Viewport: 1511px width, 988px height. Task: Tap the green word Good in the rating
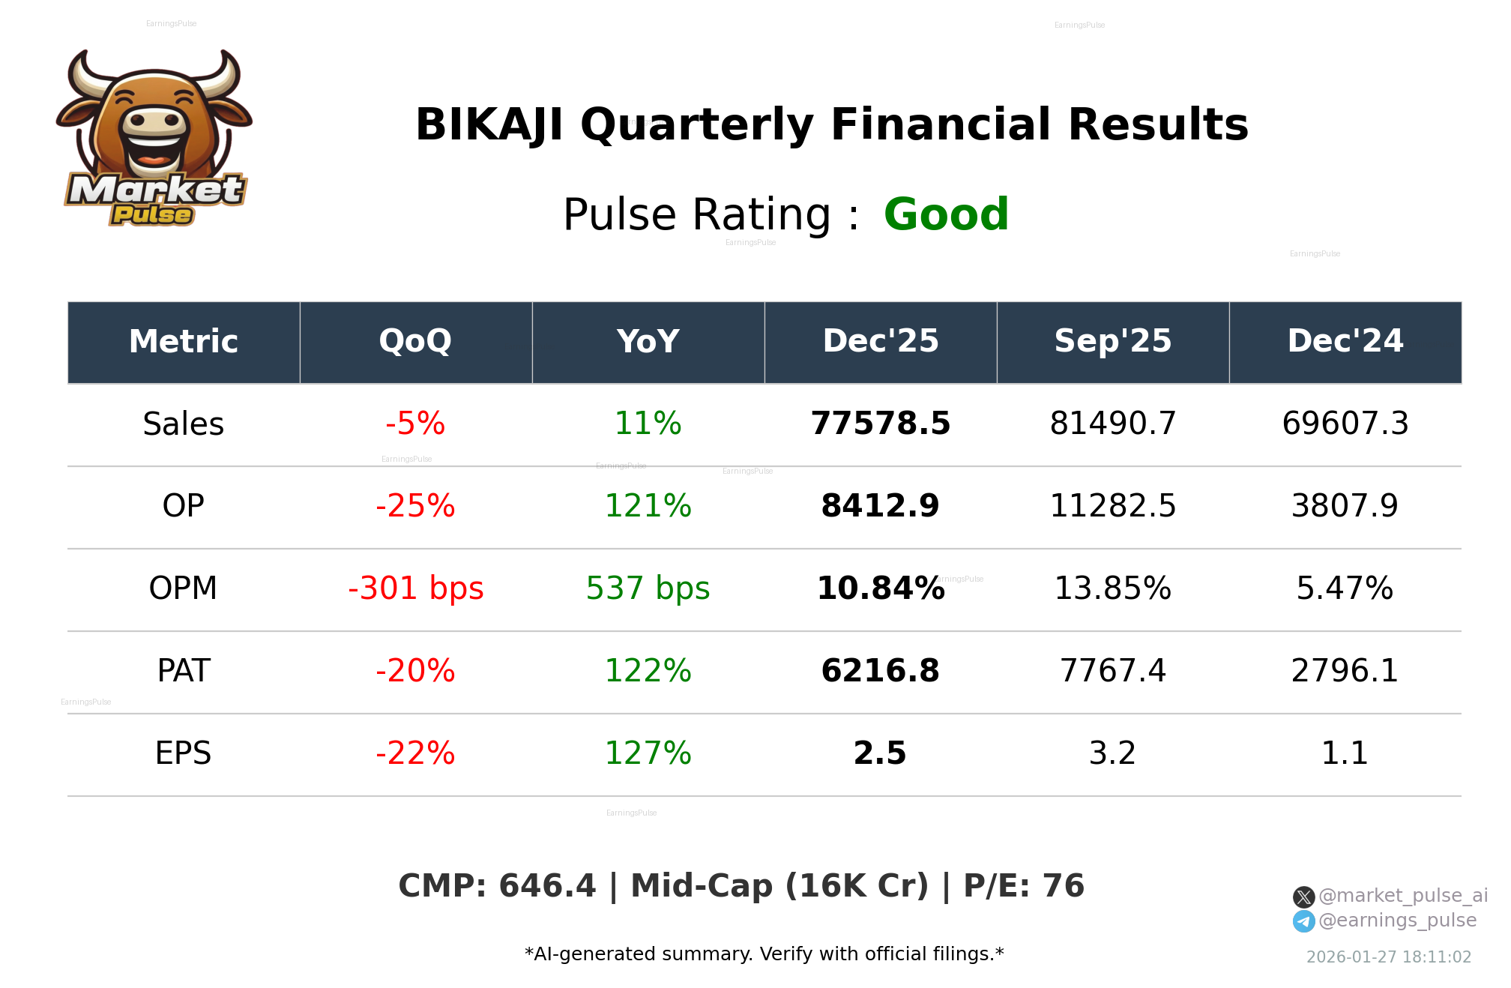(946, 215)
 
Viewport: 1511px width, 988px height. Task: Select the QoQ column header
(415, 342)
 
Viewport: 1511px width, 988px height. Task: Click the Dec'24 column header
(1345, 342)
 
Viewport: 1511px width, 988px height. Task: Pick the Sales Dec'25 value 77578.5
(880, 424)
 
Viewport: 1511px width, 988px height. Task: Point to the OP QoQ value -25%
(415, 507)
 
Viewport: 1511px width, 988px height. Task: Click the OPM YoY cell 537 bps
(648, 589)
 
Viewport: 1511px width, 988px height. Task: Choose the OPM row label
(183, 589)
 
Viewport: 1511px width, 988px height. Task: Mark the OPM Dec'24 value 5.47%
(1345, 589)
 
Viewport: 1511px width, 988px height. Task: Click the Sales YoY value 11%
(648, 424)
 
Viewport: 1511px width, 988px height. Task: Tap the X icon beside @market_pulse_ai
(1303, 897)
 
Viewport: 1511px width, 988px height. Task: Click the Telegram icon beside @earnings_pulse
(1303, 921)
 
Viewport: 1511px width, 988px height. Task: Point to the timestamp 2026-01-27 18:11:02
(1388, 957)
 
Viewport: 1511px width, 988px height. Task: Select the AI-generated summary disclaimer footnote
(764, 954)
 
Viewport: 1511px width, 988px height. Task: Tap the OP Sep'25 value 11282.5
(1112, 507)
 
